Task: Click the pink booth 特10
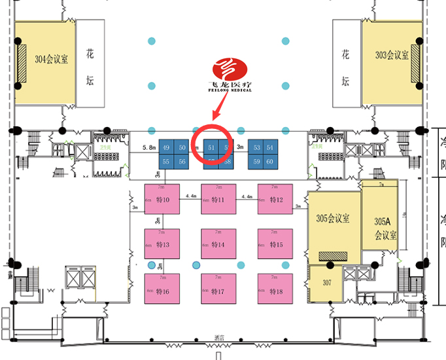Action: tap(162, 199)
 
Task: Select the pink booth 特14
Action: tap(218, 244)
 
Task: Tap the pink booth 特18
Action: tap(275, 290)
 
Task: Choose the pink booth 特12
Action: tap(275, 199)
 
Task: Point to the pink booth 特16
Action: tap(162, 290)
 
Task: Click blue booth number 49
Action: tap(166, 148)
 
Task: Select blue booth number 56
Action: tap(181, 162)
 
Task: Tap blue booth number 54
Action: tap(271, 148)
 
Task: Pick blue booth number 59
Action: tap(256, 162)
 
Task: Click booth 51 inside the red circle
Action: tap(211, 148)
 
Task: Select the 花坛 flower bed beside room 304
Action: tap(90, 63)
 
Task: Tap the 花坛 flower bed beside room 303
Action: tap(346, 63)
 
